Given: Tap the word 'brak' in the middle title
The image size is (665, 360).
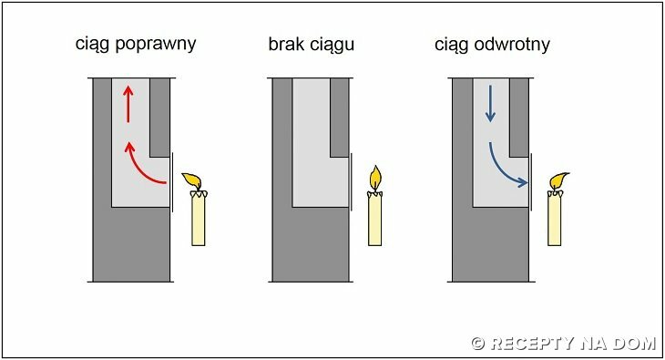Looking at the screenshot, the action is coord(286,44).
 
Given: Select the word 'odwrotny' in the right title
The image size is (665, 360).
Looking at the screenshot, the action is coord(512,45).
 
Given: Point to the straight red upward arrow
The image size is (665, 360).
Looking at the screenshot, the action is coord(128,104).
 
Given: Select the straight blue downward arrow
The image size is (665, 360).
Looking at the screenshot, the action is coord(490,104).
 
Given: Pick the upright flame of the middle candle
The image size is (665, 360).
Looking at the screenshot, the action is coord(375,178).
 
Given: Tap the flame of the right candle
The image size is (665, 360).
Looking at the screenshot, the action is coord(558,180).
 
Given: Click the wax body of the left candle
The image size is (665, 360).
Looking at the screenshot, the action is coord(199,218).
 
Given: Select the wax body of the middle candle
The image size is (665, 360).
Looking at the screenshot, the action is coord(375,218).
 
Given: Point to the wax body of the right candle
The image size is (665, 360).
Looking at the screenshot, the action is coord(555,218).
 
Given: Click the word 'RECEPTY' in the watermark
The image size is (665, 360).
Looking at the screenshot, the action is coord(532,343).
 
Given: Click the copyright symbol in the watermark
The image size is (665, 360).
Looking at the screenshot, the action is coord(478,344).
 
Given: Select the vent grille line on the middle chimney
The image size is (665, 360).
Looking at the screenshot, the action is coord(351,182).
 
